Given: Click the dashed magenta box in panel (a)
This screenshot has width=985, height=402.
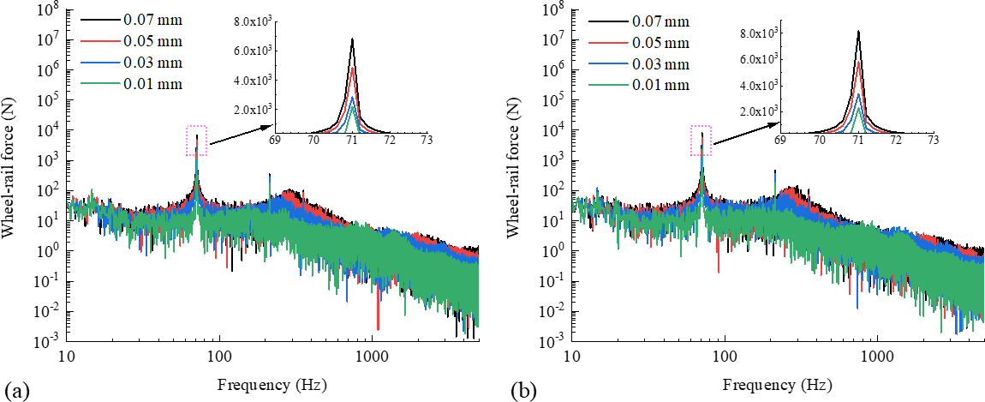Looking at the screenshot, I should pyautogui.click(x=196, y=141).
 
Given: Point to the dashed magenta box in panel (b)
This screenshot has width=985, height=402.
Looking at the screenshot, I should pyautogui.click(x=701, y=141).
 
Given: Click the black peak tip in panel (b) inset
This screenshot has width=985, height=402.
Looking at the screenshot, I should pyautogui.click(x=858, y=32).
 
